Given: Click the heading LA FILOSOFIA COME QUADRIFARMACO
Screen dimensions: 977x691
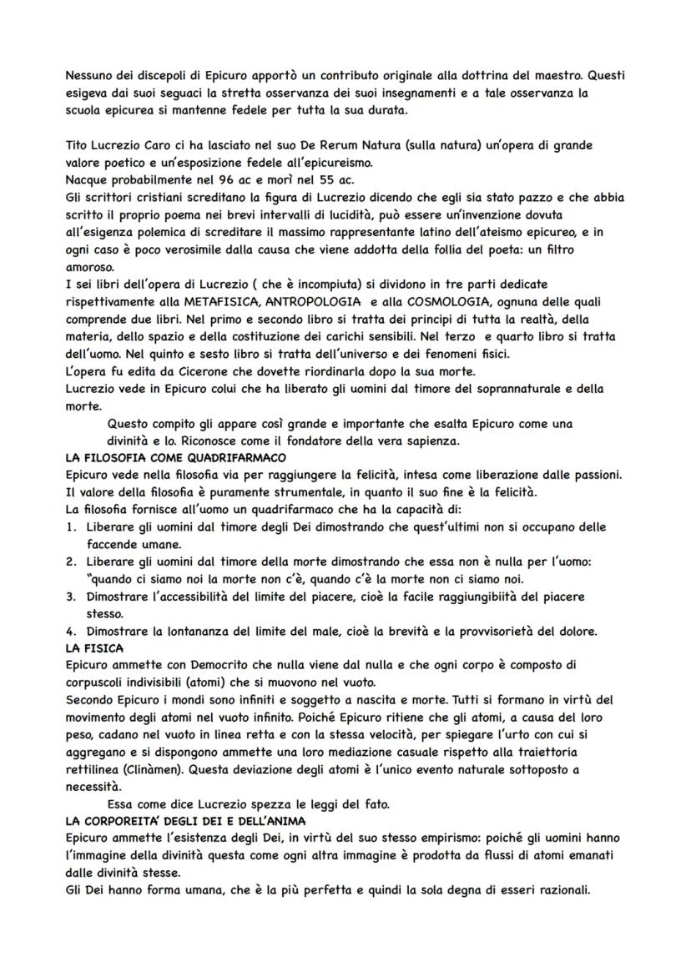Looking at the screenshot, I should [175, 458].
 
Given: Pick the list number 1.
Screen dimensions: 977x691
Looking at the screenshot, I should [70, 527].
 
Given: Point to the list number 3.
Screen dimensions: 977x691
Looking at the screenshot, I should [70, 597].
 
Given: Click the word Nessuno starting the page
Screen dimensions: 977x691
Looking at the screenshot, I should [92, 76].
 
